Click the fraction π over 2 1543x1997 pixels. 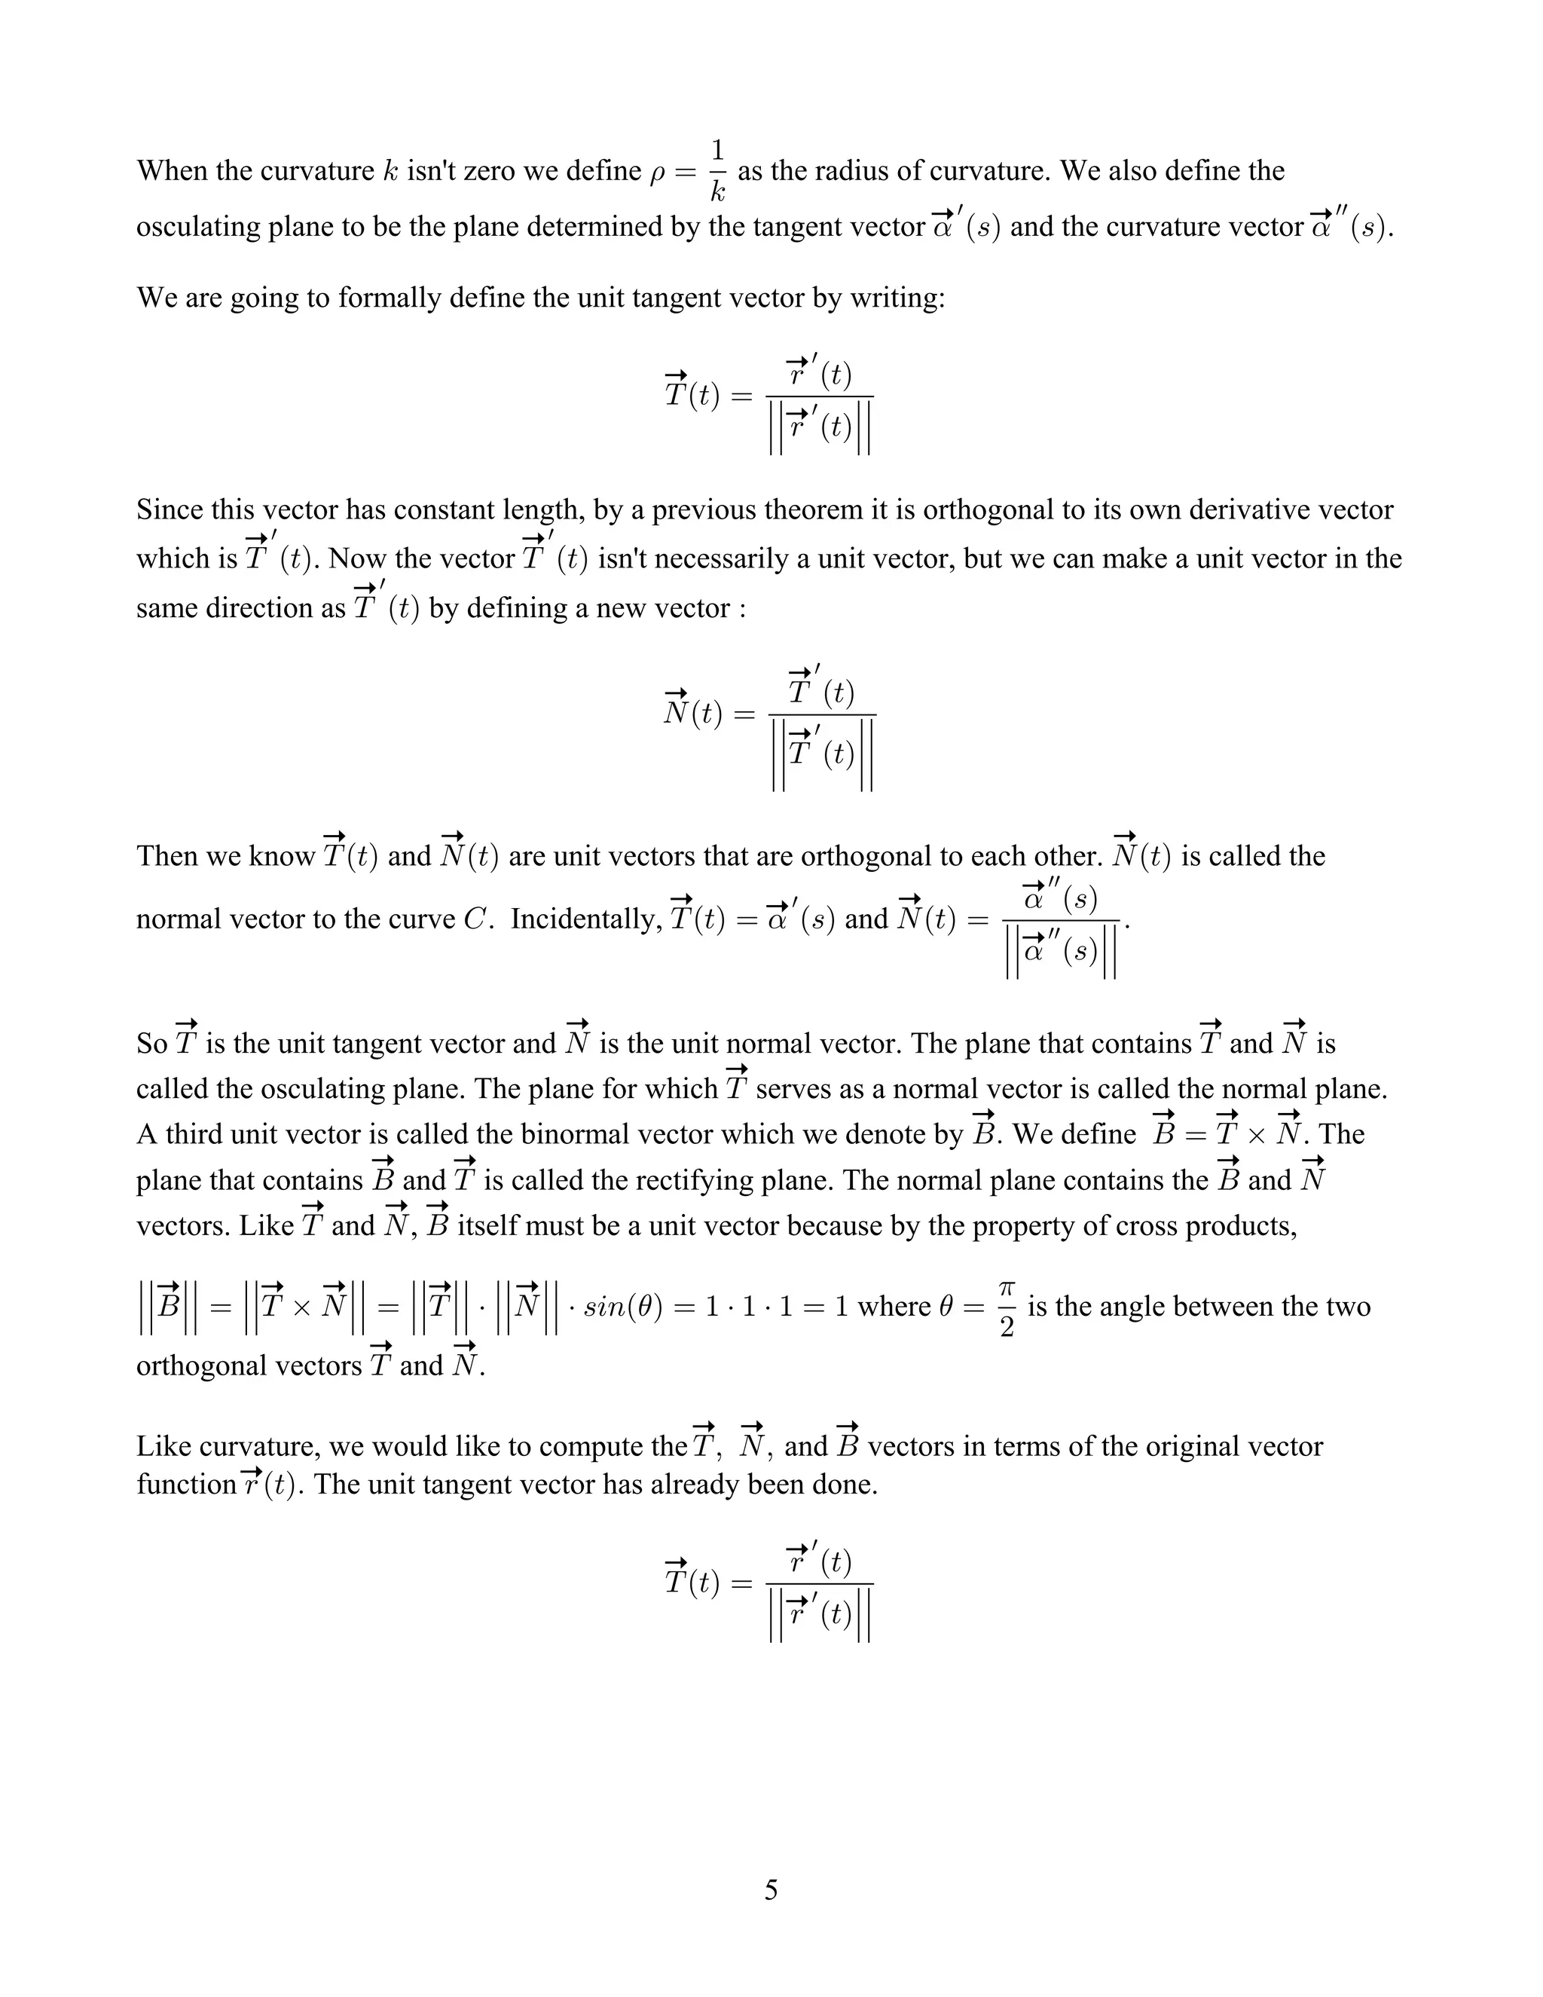(1007, 1307)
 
